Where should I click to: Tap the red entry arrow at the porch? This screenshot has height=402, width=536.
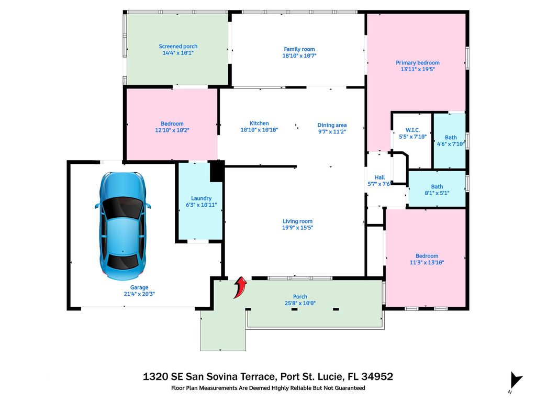pos(240,287)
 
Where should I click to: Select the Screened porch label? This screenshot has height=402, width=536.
pos(178,47)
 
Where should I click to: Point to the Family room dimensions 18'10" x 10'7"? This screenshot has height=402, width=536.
pos(299,55)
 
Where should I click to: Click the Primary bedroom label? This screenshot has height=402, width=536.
pos(417,63)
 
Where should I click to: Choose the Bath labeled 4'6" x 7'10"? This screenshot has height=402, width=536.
pos(451,138)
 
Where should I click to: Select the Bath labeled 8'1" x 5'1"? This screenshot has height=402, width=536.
pos(437,186)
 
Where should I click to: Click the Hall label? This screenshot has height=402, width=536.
pos(379,177)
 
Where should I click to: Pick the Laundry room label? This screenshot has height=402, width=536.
pos(201,198)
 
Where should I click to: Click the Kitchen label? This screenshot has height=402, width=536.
pos(259,124)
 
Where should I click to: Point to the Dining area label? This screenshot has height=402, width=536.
pos(332,125)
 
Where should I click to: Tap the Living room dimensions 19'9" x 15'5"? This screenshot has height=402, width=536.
pos(297,228)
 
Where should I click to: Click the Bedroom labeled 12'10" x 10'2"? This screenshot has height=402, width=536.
pos(172,124)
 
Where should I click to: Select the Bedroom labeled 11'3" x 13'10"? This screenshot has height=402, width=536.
pos(427,256)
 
